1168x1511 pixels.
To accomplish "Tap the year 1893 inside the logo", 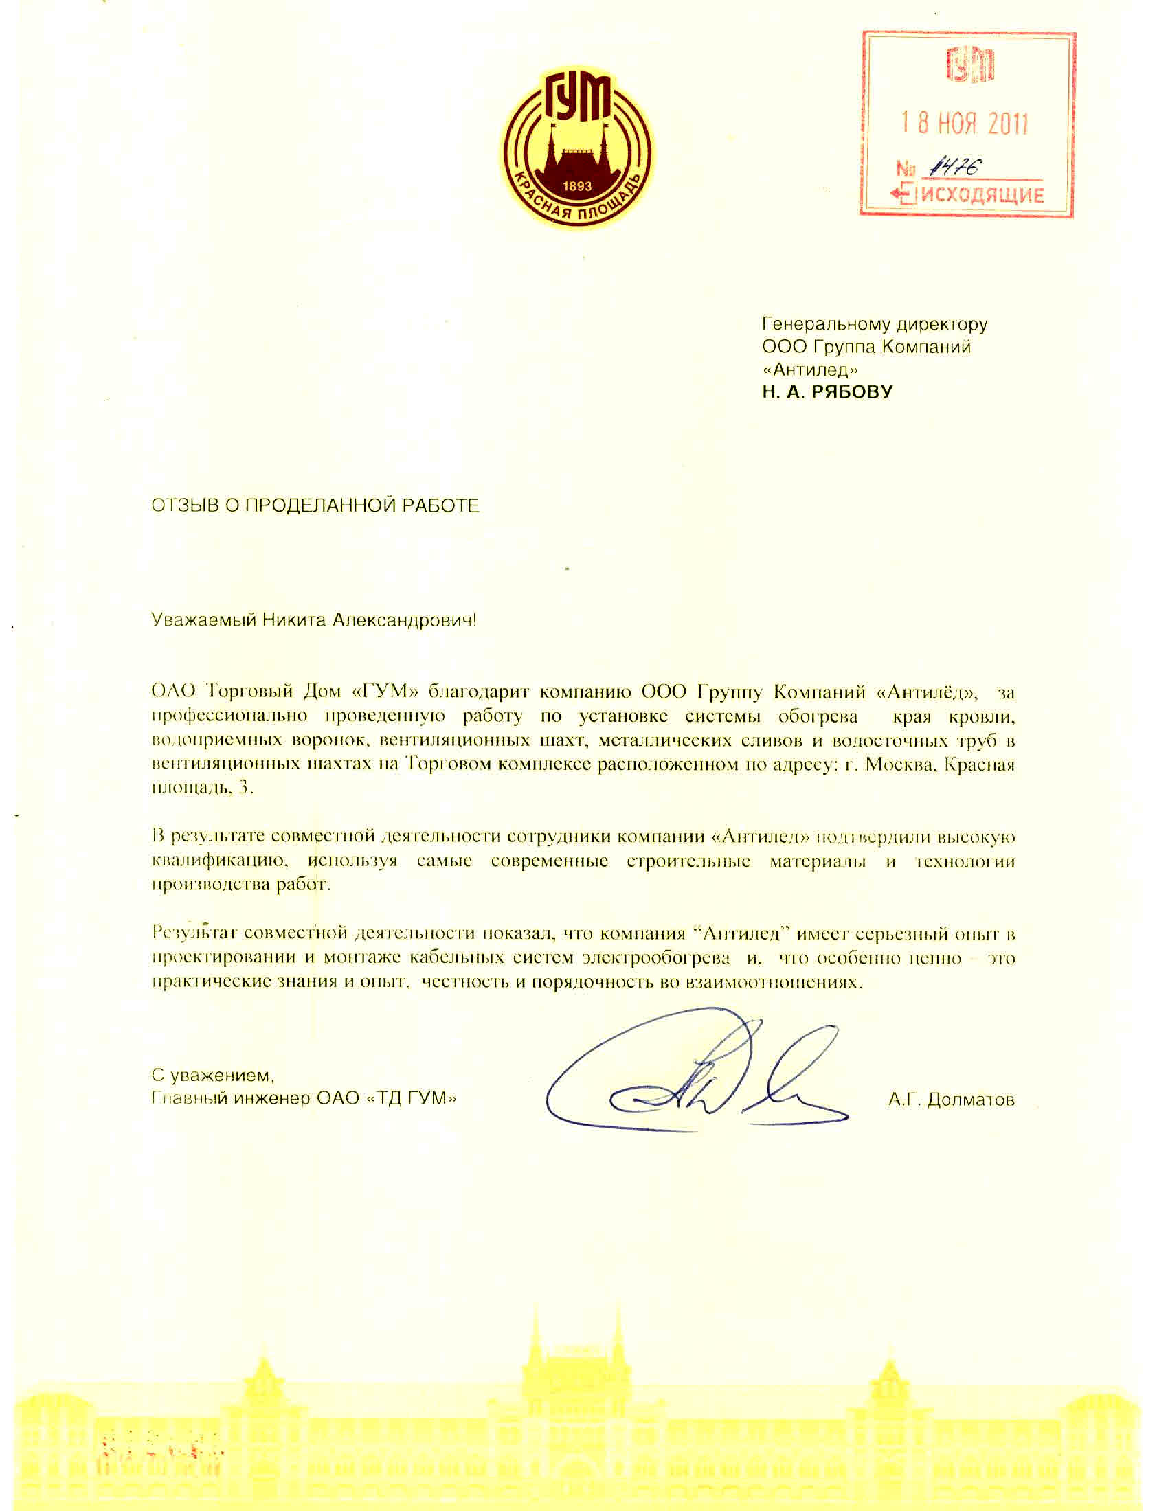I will coord(577,186).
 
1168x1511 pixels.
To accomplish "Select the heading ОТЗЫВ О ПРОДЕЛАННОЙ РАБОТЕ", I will coord(315,505).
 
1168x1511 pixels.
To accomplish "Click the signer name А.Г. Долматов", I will coord(952,1100).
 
